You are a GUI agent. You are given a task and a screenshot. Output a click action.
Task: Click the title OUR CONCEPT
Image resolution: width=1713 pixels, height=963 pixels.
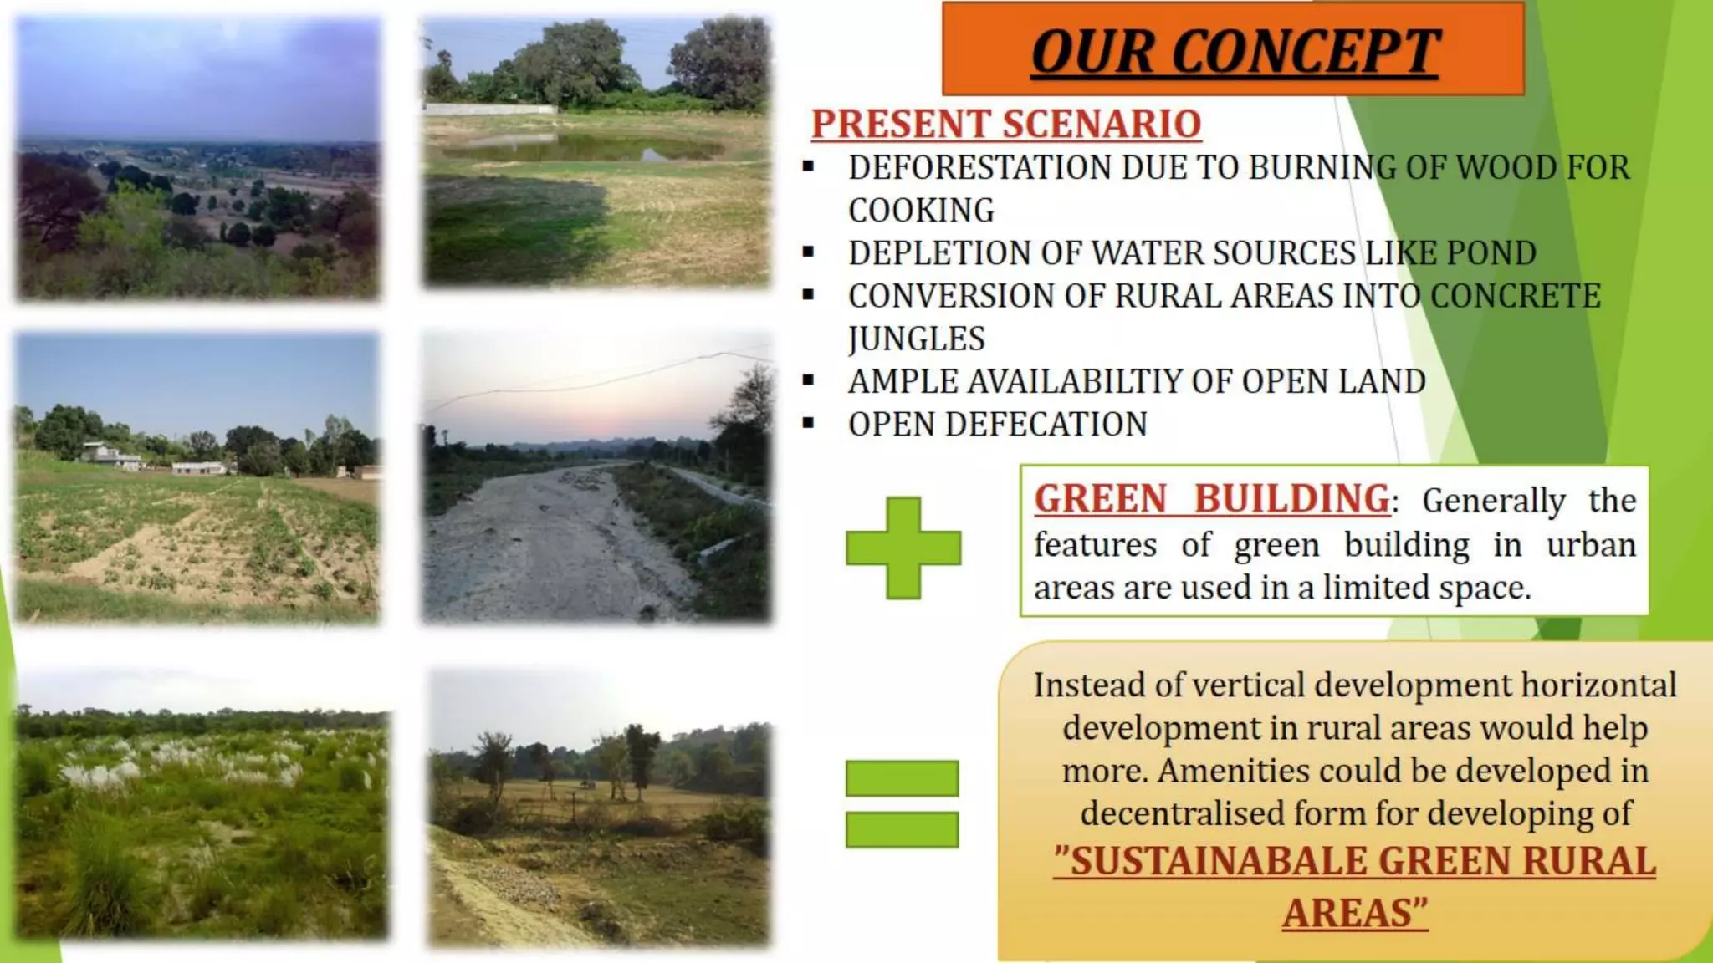coord(1235,52)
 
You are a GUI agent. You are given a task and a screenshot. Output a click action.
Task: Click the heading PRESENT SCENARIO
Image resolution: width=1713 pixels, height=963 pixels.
coord(1006,124)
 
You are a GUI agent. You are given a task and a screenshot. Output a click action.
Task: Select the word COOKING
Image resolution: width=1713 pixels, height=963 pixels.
coord(921,211)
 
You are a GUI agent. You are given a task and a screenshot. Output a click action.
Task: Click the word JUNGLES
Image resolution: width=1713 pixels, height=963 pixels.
coord(916,339)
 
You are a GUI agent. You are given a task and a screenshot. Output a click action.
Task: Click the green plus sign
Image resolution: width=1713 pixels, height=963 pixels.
coord(903,548)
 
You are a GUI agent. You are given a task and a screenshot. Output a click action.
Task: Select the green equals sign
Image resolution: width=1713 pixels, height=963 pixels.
coord(902,803)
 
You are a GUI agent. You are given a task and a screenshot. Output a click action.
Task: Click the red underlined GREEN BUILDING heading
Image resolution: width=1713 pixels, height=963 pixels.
coord(1212,499)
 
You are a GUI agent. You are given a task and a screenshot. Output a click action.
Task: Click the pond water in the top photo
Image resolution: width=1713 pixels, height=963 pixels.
coord(577,149)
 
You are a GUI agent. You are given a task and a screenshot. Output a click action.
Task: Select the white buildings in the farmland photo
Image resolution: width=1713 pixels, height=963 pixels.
coord(113,456)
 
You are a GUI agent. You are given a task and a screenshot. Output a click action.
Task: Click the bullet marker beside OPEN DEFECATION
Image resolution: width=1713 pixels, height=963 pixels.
coord(808,424)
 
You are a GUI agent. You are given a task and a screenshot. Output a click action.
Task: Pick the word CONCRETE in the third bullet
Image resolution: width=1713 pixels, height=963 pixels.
coord(1515,296)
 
